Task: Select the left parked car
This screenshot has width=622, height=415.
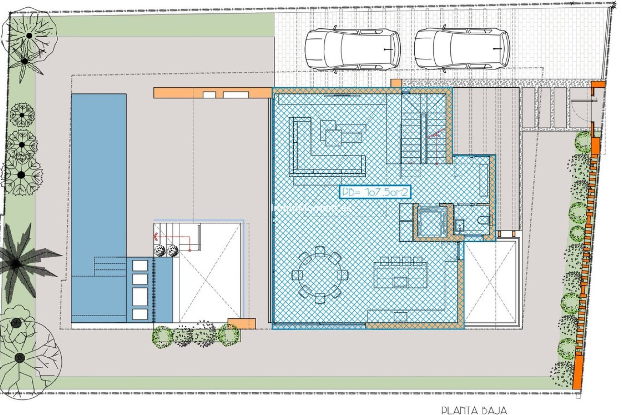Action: click(x=352, y=49)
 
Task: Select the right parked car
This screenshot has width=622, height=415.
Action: click(x=462, y=49)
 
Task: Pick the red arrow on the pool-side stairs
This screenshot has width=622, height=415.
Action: click(x=156, y=237)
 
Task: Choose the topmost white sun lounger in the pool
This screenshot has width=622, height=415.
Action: click(x=140, y=265)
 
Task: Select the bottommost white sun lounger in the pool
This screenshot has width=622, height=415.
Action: click(x=140, y=314)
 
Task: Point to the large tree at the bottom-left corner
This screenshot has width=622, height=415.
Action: click(x=20, y=357)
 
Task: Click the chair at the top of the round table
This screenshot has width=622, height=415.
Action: click(x=320, y=251)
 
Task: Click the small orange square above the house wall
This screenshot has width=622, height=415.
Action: click(x=396, y=83)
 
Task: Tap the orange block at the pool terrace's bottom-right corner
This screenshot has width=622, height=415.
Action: click(x=241, y=324)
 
